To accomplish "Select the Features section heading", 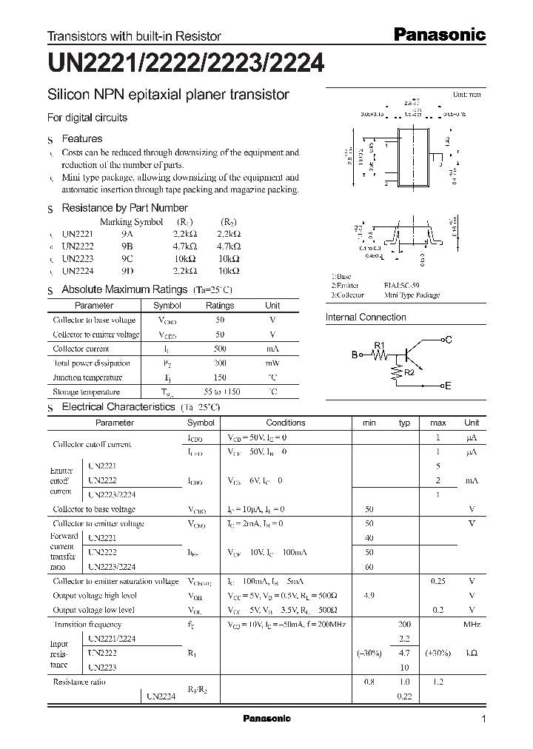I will pyautogui.click(x=81, y=138).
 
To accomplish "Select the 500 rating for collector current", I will pyautogui.click(x=220, y=349).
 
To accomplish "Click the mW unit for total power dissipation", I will pyautogui.click(x=272, y=363).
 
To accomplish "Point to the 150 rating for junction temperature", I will pyautogui.click(x=220, y=377).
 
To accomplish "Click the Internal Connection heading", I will pyautogui.click(x=366, y=317).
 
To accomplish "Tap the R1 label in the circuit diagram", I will pyautogui.click(x=379, y=345).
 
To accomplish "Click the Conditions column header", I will pyautogui.click(x=285, y=423).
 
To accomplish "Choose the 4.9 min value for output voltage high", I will pyautogui.click(x=369, y=595).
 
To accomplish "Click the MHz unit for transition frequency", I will pyautogui.click(x=472, y=624).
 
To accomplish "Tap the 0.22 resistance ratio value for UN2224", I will pyautogui.click(x=404, y=696).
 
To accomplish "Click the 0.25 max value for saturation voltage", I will pyautogui.click(x=438, y=581).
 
